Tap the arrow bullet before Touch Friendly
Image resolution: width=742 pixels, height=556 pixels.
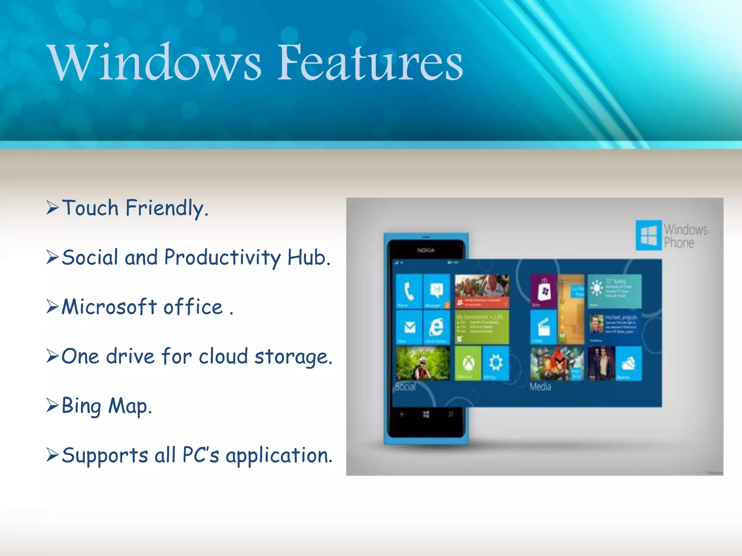coord(53,208)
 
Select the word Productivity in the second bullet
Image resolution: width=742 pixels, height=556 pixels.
coord(222,257)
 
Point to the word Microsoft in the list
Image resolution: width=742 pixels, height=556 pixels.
coord(109,307)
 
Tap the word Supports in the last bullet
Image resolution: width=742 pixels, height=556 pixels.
coord(105,455)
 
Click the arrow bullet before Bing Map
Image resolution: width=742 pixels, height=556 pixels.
coord(53,405)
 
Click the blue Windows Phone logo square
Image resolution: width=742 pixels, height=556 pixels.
coord(649,235)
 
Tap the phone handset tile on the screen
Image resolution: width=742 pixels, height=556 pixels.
coord(409,291)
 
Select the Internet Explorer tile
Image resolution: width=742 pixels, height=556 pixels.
coord(436,327)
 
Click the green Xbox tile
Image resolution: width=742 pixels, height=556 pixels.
coord(468,363)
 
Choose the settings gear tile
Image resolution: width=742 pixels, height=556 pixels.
coord(496,363)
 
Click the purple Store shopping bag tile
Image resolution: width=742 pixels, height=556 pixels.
coord(543,291)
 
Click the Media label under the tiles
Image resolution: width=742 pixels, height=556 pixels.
coord(540,387)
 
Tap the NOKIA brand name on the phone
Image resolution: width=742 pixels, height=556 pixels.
coord(426,250)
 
